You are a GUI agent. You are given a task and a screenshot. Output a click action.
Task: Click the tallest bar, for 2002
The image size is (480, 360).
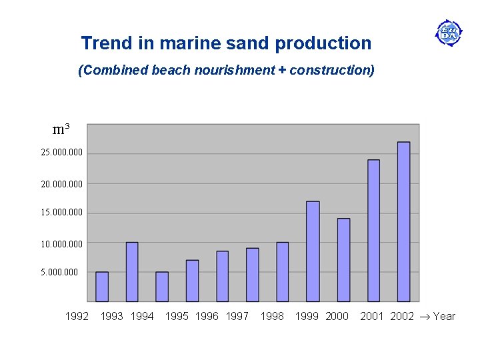click(x=403, y=221)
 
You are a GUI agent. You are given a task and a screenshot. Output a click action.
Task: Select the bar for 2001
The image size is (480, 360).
click(x=373, y=231)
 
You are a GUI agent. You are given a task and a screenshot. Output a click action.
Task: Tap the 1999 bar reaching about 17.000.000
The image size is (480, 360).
click(x=313, y=251)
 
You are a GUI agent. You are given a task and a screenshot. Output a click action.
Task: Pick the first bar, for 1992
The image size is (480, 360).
click(x=102, y=287)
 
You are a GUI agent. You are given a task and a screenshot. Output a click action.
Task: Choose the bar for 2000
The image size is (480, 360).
click(x=343, y=260)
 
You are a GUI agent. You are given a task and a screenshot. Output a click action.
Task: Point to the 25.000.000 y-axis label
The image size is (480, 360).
click(x=62, y=153)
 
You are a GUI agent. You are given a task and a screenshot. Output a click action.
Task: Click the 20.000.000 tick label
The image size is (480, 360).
click(x=62, y=183)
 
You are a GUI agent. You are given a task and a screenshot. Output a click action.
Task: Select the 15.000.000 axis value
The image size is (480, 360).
click(x=62, y=213)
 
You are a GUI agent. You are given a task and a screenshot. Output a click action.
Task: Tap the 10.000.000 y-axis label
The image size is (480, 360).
click(x=62, y=244)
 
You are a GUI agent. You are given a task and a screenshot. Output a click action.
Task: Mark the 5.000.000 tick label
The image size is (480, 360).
click(x=59, y=273)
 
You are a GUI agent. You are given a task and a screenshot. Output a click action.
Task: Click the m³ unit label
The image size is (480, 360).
click(x=61, y=129)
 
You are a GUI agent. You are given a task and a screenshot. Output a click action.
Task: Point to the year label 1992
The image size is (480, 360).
click(x=77, y=317)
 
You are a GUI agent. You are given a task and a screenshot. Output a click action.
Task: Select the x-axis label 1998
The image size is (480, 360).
click(x=272, y=317)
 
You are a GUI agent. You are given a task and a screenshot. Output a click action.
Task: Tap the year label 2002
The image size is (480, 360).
click(x=402, y=317)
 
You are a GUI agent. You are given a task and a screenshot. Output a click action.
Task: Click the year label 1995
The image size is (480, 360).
click(x=177, y=317)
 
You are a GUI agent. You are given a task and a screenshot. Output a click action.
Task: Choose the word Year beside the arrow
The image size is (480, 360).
click(x=444, y=317)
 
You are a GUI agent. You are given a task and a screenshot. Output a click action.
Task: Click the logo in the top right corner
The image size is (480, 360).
click(x=449, y=32)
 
